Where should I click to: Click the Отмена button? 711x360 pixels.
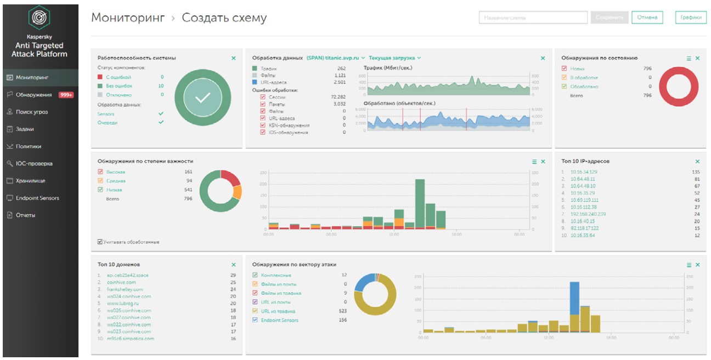[647, 18]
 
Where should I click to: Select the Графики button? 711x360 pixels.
[691, 18]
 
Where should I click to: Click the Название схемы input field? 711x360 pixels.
[533, 18]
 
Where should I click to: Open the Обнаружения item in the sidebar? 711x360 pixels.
[34, 94]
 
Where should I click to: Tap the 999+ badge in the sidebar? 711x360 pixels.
[66, 95]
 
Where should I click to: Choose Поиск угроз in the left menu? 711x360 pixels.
[31, 112]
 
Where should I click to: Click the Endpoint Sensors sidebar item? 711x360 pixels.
[37, 198]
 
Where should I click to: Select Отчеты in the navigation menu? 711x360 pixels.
[25, 215]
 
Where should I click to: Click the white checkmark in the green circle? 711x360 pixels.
[202, 98]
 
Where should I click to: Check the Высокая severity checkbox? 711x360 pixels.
[100, 172]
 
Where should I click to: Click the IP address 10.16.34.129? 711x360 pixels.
[584, 172]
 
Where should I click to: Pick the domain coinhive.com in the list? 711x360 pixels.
[121, 283]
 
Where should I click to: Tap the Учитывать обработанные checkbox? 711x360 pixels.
[100, 241]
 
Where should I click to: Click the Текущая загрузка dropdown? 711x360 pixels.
[394, 58]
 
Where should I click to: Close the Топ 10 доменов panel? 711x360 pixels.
[233, 265]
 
